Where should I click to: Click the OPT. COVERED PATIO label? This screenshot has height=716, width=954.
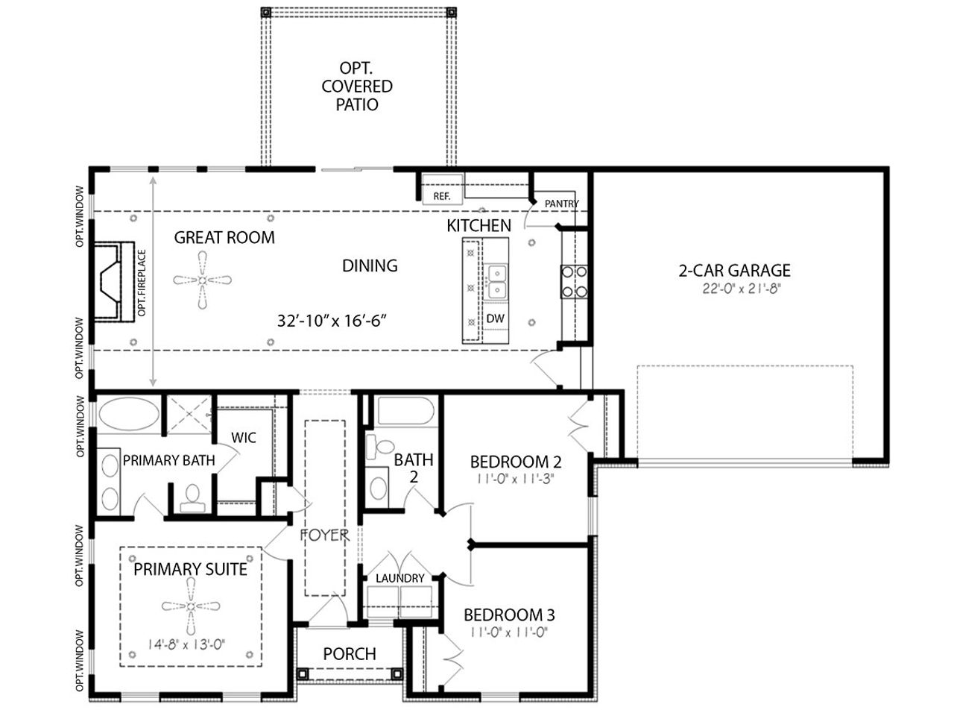coord(357,87)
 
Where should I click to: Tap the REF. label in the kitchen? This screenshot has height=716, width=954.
coord(441,196)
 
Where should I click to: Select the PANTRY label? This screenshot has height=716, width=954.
coord(561,204)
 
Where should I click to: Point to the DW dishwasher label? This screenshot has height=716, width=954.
coord(495,318)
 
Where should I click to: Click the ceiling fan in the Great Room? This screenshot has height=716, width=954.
coord(202,280)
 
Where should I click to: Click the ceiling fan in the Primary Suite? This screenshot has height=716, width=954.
coord(191,606)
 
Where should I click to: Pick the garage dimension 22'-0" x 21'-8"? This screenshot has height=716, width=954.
coord(742,289)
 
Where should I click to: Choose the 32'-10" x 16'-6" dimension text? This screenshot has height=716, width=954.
coord(332,321)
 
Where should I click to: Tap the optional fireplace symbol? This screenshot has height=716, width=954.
coord(113,282)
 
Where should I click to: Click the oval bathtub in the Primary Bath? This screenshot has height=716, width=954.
coord(129,414)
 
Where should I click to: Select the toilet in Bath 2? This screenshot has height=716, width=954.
coord(379,447)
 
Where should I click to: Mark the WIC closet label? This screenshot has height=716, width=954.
coord(244,438)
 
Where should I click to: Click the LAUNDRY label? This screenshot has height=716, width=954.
coord(399,578)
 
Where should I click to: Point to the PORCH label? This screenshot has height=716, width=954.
coord(350,654)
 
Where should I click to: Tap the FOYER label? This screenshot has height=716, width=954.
coord(324,536)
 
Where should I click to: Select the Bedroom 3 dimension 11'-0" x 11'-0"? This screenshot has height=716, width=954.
coord(509,632)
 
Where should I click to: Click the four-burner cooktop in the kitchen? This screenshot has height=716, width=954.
coord(574,282)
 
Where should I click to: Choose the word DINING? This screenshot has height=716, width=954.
coord(370,266)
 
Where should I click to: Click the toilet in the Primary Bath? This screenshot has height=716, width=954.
coord(192,499)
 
